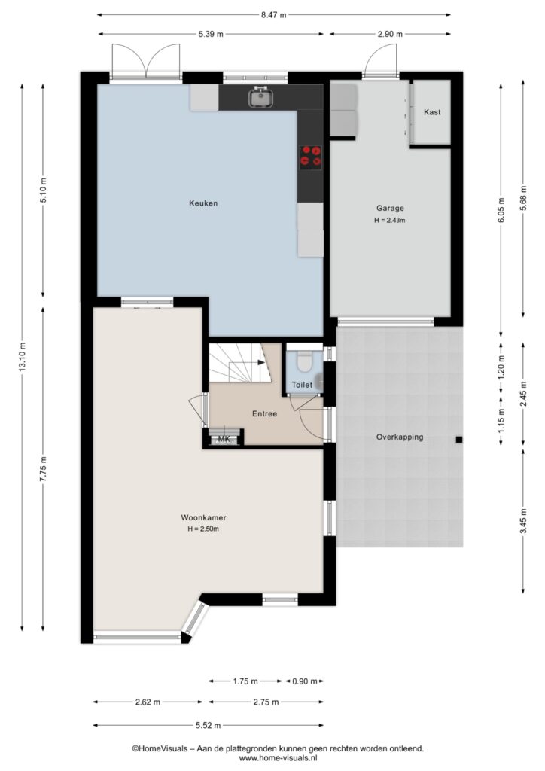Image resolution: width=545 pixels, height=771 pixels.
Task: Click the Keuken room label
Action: point(203,203)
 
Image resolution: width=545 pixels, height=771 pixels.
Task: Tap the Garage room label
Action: point(390,208)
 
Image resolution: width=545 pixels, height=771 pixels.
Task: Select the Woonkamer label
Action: point(203,517)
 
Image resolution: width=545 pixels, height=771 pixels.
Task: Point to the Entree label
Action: point(264,414)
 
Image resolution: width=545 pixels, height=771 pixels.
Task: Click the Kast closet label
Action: point(432,112)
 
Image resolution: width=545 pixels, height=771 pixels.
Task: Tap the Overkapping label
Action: point(400,437)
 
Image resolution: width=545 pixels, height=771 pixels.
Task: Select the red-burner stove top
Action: point(311,156)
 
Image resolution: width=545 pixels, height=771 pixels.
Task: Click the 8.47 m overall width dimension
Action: point(273,15)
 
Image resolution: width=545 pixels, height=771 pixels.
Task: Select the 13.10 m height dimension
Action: point(22,358)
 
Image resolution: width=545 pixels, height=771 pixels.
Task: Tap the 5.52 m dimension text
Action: point(208,725)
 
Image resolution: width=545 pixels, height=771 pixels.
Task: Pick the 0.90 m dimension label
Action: point(305,681)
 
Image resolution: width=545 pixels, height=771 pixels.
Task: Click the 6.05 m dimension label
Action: point(501,210)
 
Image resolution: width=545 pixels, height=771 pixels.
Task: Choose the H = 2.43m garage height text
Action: point(390,221)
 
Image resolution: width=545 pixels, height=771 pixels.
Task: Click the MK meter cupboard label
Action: point(224,439)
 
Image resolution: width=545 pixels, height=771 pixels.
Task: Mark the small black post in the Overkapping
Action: point(458,440)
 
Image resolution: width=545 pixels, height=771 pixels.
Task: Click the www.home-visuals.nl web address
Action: point(278,759)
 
